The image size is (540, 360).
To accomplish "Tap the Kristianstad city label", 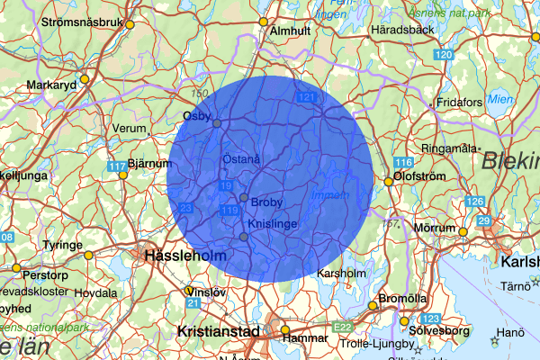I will [219, 331].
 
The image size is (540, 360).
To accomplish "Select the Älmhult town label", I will [290, 30].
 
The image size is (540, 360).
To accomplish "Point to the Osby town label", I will [195, 115].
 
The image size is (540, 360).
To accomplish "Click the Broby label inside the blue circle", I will [267, 202].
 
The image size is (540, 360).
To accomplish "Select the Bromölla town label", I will [402, 299].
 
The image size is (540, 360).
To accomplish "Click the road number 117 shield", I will [116, 167].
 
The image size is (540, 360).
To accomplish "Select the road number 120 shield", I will [443, 56].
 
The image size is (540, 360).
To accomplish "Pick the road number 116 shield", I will [402, 163].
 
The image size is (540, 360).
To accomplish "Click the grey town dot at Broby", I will [244, 197].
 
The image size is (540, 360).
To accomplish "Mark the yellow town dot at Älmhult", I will [264, 22].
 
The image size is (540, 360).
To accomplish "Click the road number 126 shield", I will [475, 202].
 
